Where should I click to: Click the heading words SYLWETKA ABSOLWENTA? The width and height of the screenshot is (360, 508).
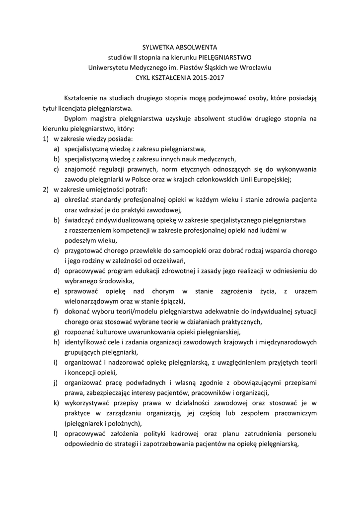[x=180, y=48]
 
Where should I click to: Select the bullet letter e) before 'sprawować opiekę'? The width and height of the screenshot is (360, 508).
[x=57, y=291]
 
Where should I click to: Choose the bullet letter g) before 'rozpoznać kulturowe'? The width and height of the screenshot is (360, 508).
[x=57, y=332]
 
